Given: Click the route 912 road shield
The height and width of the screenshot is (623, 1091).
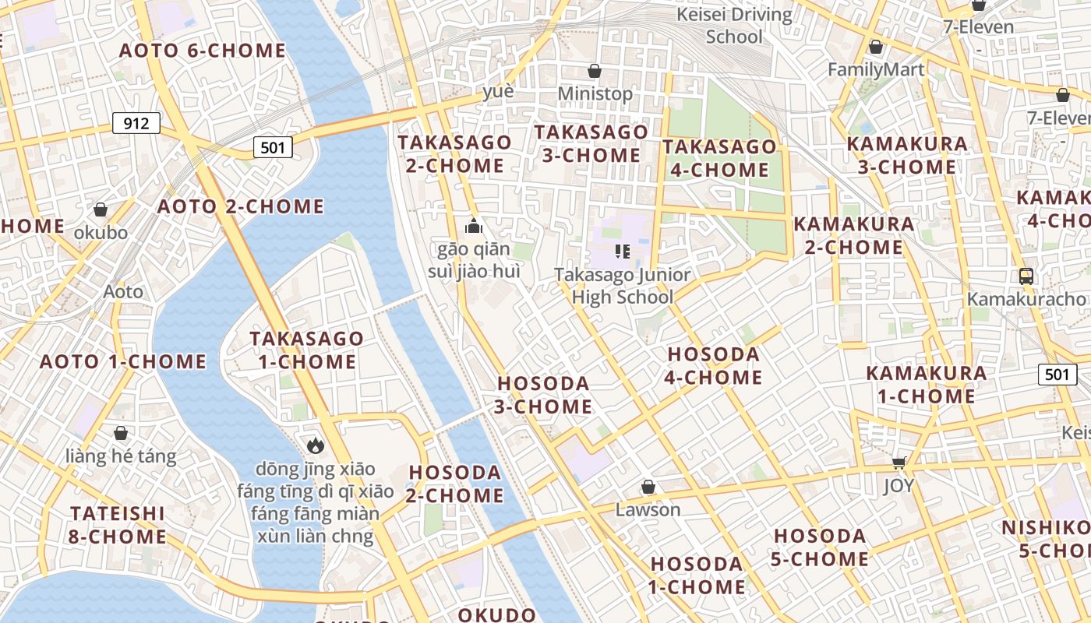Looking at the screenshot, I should coord(136,123).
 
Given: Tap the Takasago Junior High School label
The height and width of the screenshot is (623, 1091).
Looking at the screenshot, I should coord(622,286).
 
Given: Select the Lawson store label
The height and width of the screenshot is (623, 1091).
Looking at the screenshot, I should coord(648,510).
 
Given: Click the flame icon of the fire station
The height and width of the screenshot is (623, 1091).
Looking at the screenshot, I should coord(315,445).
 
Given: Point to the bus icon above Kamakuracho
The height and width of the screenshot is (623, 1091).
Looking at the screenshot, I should coord(1026,276).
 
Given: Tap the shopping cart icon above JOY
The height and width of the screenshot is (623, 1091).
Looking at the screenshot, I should coord(899,463).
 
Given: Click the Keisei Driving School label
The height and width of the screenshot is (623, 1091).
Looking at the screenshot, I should coord(734,25).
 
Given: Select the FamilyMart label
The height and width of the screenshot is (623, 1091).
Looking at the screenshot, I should coord(876,69).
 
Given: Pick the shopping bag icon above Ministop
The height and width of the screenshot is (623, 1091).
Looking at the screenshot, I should coord(595,71).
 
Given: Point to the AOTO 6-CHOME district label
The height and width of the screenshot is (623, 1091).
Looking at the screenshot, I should coord(203,51).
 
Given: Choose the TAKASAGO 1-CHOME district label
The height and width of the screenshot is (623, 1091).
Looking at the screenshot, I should coord(306,350).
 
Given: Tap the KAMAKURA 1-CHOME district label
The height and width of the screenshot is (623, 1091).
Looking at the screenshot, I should coord(927,385).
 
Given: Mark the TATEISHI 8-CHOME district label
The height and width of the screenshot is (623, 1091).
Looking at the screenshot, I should coord(118,525).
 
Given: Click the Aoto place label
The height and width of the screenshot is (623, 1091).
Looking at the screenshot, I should coord(123,291).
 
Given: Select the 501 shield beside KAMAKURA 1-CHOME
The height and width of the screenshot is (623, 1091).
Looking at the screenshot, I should coord(1057,375).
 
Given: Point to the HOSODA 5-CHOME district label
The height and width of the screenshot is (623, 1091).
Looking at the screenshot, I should coord(820,547).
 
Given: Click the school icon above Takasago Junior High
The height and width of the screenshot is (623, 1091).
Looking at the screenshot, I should coord(622,251).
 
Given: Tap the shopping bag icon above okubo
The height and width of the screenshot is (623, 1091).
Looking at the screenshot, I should coord(101,209).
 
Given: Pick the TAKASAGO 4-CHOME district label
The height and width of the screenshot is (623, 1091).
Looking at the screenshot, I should coord(719,158).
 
